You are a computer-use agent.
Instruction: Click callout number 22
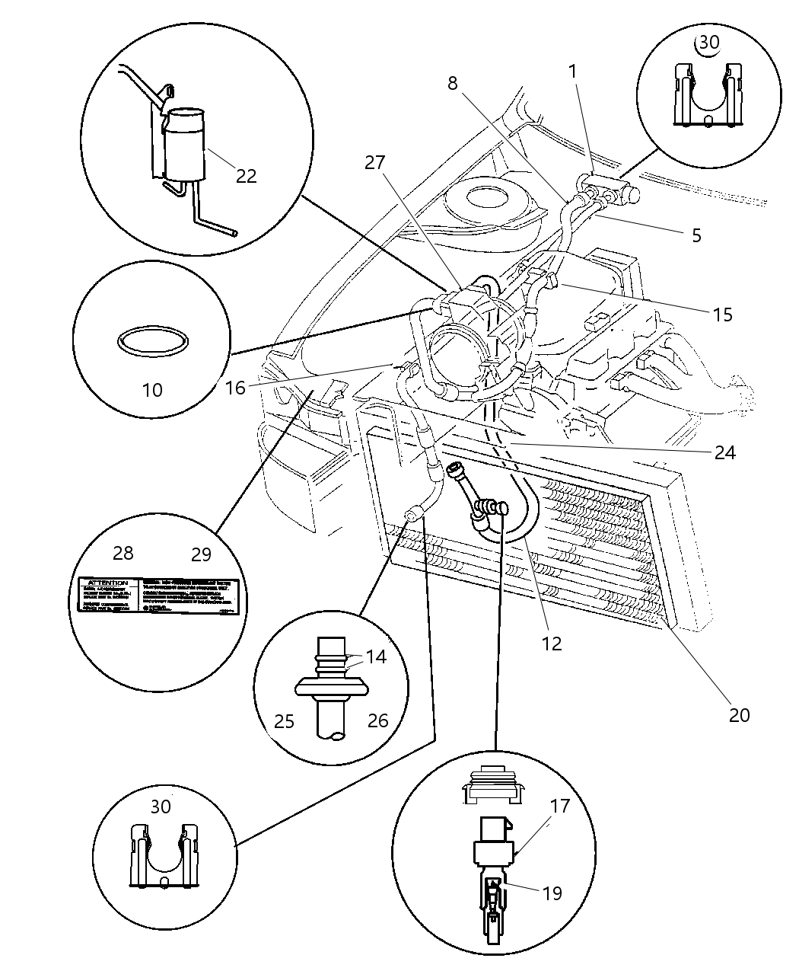click(x=246, y=176)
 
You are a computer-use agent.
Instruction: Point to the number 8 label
click(x=453, y=83)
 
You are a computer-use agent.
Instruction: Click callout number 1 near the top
click(x=572, y=72)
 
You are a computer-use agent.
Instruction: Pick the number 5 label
click(x=696, y=235)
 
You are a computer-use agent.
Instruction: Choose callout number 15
click(x=722, y=314)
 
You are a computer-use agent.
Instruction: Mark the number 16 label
click(x=235, y=388)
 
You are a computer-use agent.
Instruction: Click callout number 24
click(x=724, y=452)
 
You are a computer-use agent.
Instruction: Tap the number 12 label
click(x=551, y=644)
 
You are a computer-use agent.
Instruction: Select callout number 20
click(x=739, y=714)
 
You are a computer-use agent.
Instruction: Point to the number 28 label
click(x=123, y=553)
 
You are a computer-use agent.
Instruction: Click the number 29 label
click(x=201, y=554)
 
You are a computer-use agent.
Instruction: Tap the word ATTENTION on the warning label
click(x=108, y=583)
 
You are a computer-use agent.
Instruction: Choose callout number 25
click(x=284, y=720)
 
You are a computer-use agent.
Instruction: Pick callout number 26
click(x=378, y=720)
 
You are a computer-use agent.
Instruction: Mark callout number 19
click(x=552, y=893)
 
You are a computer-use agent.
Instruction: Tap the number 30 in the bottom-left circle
click(x=161, y=806)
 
